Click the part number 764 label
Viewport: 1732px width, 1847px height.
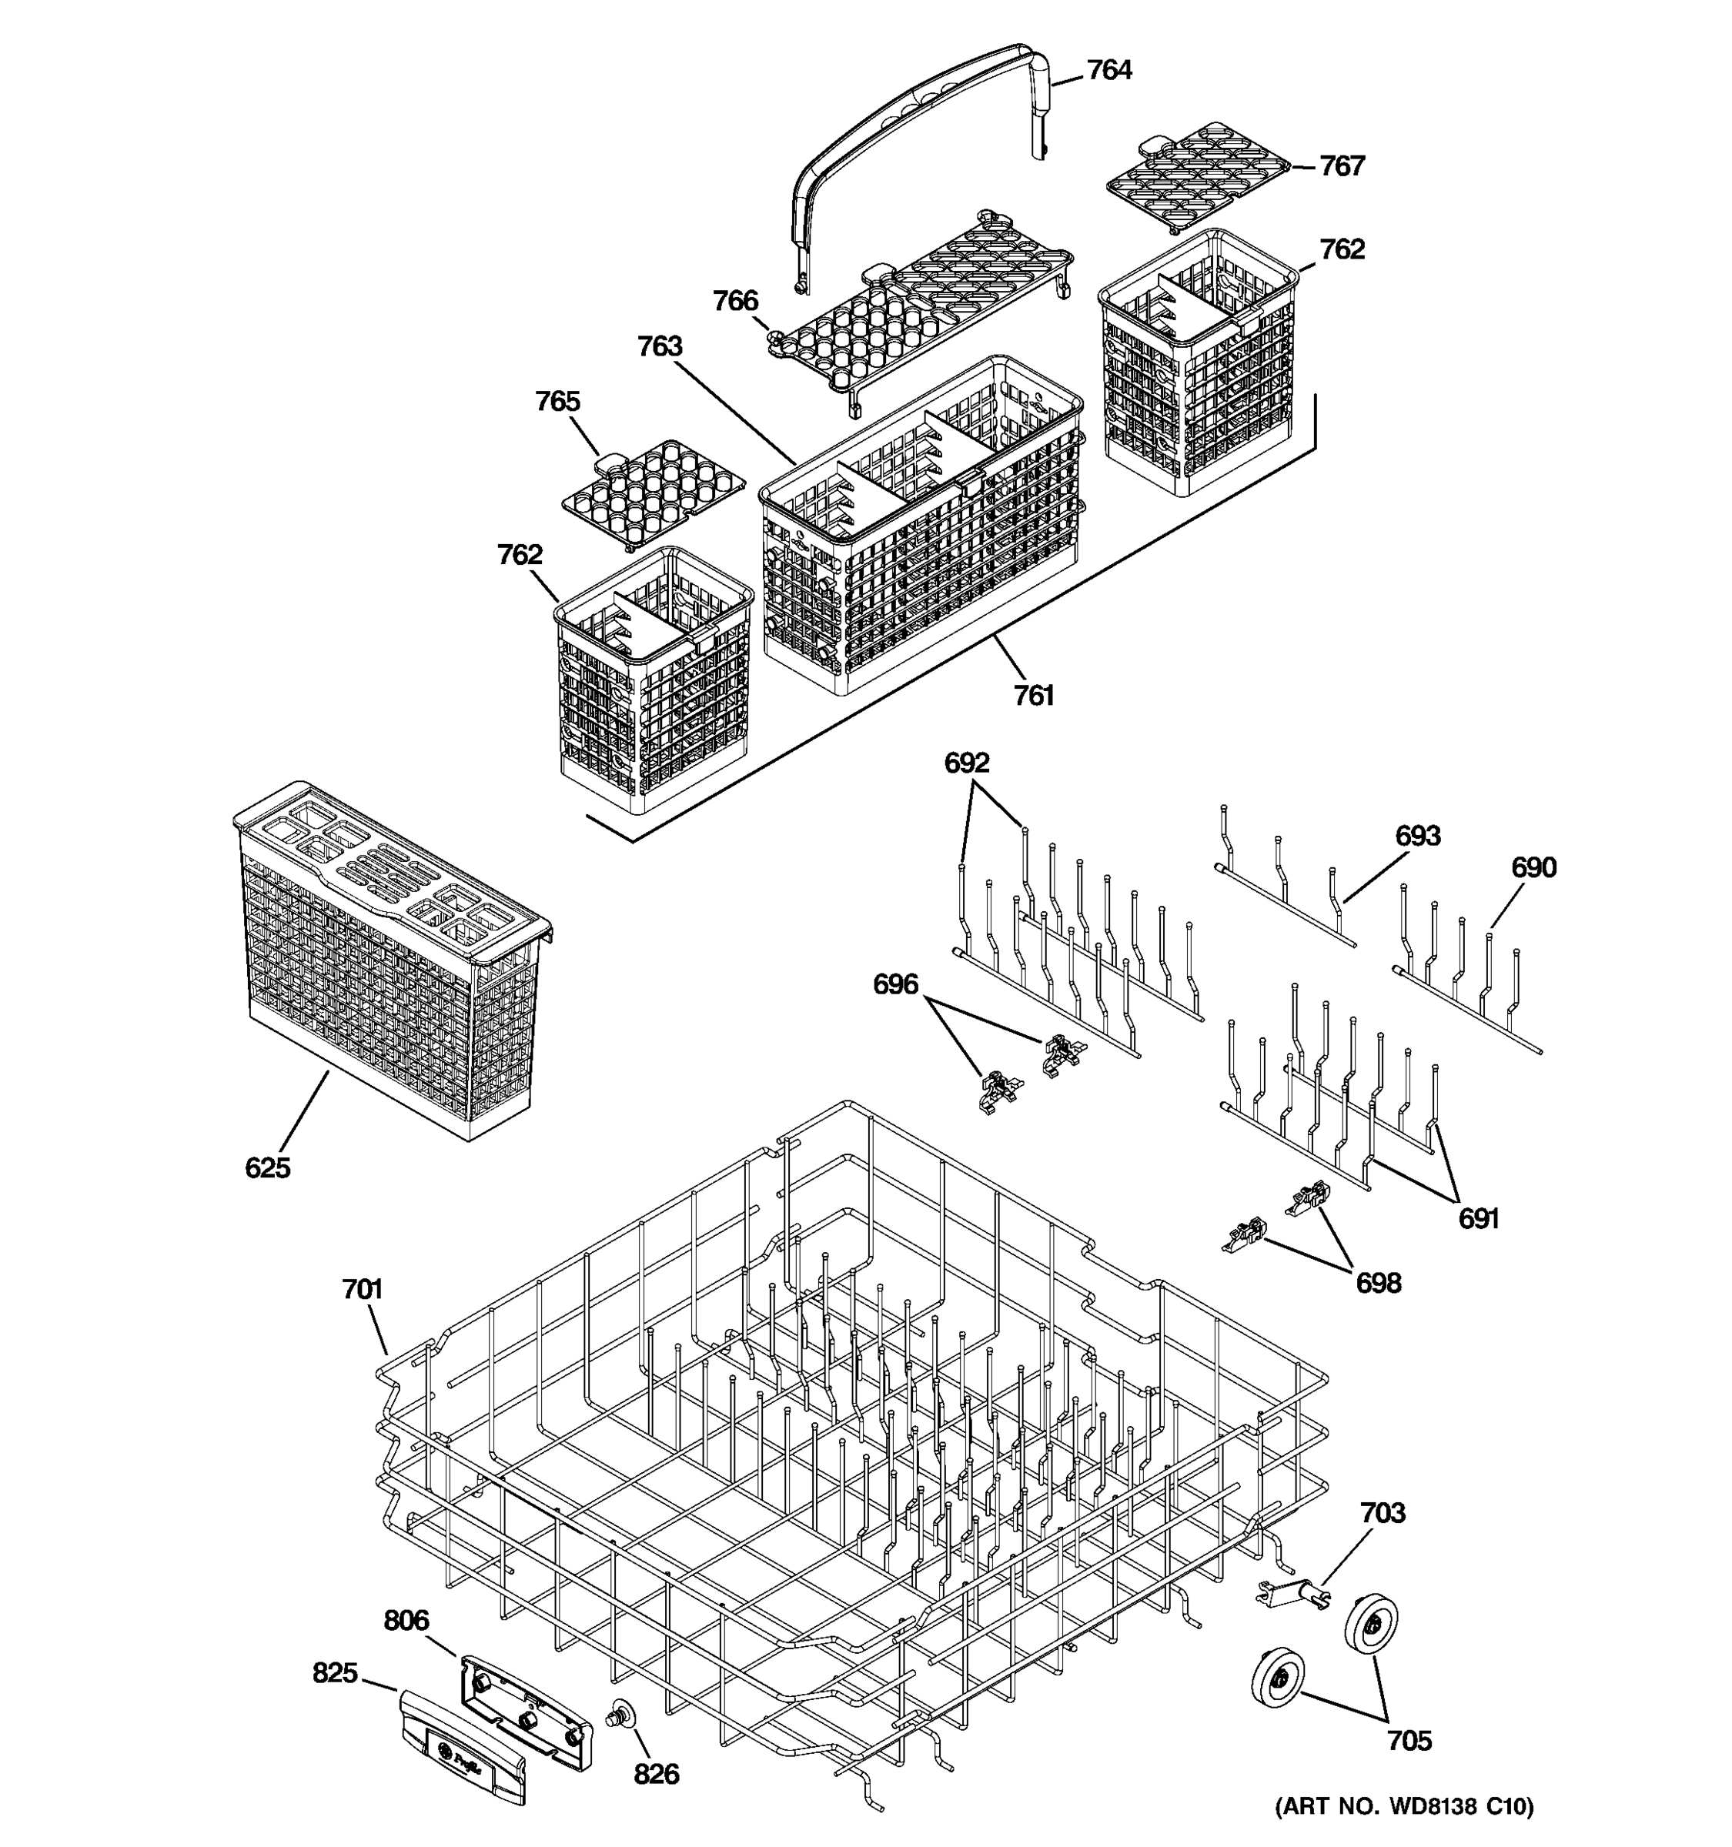1108,71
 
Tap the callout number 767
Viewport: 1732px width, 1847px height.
1342,166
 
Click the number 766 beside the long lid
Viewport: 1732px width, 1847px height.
735,301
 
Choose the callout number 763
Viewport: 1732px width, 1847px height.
660,346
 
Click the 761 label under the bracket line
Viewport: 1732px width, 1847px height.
1033,695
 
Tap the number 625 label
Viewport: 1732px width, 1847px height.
268,1168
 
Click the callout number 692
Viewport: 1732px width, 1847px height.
966,763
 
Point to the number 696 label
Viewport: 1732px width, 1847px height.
894,984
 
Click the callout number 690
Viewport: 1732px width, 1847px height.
1533,868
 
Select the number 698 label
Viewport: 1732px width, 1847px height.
1378,1283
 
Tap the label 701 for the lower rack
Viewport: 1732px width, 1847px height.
363,1290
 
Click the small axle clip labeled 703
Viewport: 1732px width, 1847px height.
1292,1595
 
